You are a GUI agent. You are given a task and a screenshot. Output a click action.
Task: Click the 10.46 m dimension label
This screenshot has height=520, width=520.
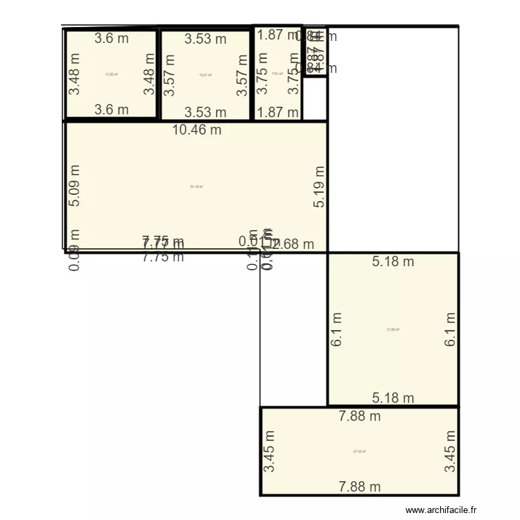[198, 130]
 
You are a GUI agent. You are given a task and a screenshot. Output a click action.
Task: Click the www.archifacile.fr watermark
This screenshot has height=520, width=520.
[442, 510]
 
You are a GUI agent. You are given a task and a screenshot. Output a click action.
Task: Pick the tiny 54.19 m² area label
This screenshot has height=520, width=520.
[196, 186]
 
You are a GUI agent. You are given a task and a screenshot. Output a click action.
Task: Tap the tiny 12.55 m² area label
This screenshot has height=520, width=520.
[111, 74]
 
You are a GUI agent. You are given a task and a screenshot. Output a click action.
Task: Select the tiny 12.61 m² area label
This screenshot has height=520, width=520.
[205, 75]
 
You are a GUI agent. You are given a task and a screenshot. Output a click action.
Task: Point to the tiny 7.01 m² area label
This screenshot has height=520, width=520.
[277, 74]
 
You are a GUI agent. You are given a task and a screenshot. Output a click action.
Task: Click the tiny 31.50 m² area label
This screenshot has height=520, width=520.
[393, 329]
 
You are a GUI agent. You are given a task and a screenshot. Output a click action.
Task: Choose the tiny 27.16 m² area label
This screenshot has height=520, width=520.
[359, 451]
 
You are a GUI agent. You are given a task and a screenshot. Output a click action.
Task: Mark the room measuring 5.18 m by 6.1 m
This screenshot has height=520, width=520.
[393, 347]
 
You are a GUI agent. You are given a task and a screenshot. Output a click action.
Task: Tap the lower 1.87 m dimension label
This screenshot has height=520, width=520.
[278, 112]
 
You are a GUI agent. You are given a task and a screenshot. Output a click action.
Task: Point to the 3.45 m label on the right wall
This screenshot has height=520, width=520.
[451, 451]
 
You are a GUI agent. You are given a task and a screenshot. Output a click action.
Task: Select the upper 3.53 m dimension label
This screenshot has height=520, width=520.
[205, 40]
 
